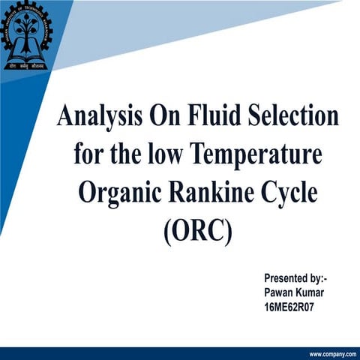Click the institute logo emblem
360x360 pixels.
(x=27, y=34)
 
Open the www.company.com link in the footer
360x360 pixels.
(x=331, y=353)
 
